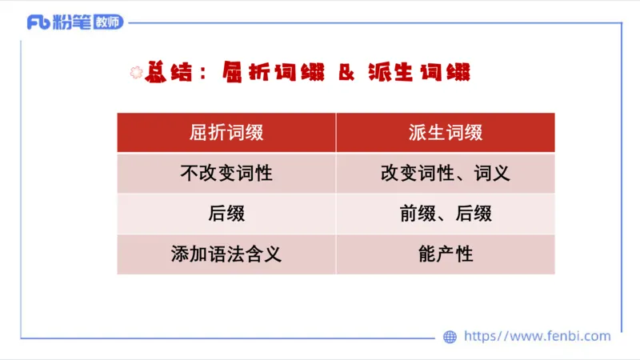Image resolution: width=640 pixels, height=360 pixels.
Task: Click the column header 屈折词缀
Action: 226,133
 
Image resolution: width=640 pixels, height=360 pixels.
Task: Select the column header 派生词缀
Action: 446,133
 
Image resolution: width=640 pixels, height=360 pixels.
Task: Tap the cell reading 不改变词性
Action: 226,174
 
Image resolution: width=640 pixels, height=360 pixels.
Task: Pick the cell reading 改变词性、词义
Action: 446,174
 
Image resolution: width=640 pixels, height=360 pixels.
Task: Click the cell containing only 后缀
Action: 226,214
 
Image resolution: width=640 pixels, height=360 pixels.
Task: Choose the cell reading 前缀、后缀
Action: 446,214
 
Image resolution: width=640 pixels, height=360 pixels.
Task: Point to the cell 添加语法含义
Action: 226,255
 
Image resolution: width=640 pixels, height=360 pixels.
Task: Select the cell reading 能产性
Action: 446,255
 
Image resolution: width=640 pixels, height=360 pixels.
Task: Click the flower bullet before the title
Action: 134,73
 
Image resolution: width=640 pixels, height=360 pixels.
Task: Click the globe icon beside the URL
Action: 450,337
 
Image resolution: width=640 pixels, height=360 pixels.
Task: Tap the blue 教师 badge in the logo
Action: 108,22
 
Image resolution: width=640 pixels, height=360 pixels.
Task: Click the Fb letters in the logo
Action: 38,22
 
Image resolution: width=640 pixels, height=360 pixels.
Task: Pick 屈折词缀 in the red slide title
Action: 272,73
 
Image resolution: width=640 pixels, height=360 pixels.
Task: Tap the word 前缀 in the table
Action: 416,214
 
